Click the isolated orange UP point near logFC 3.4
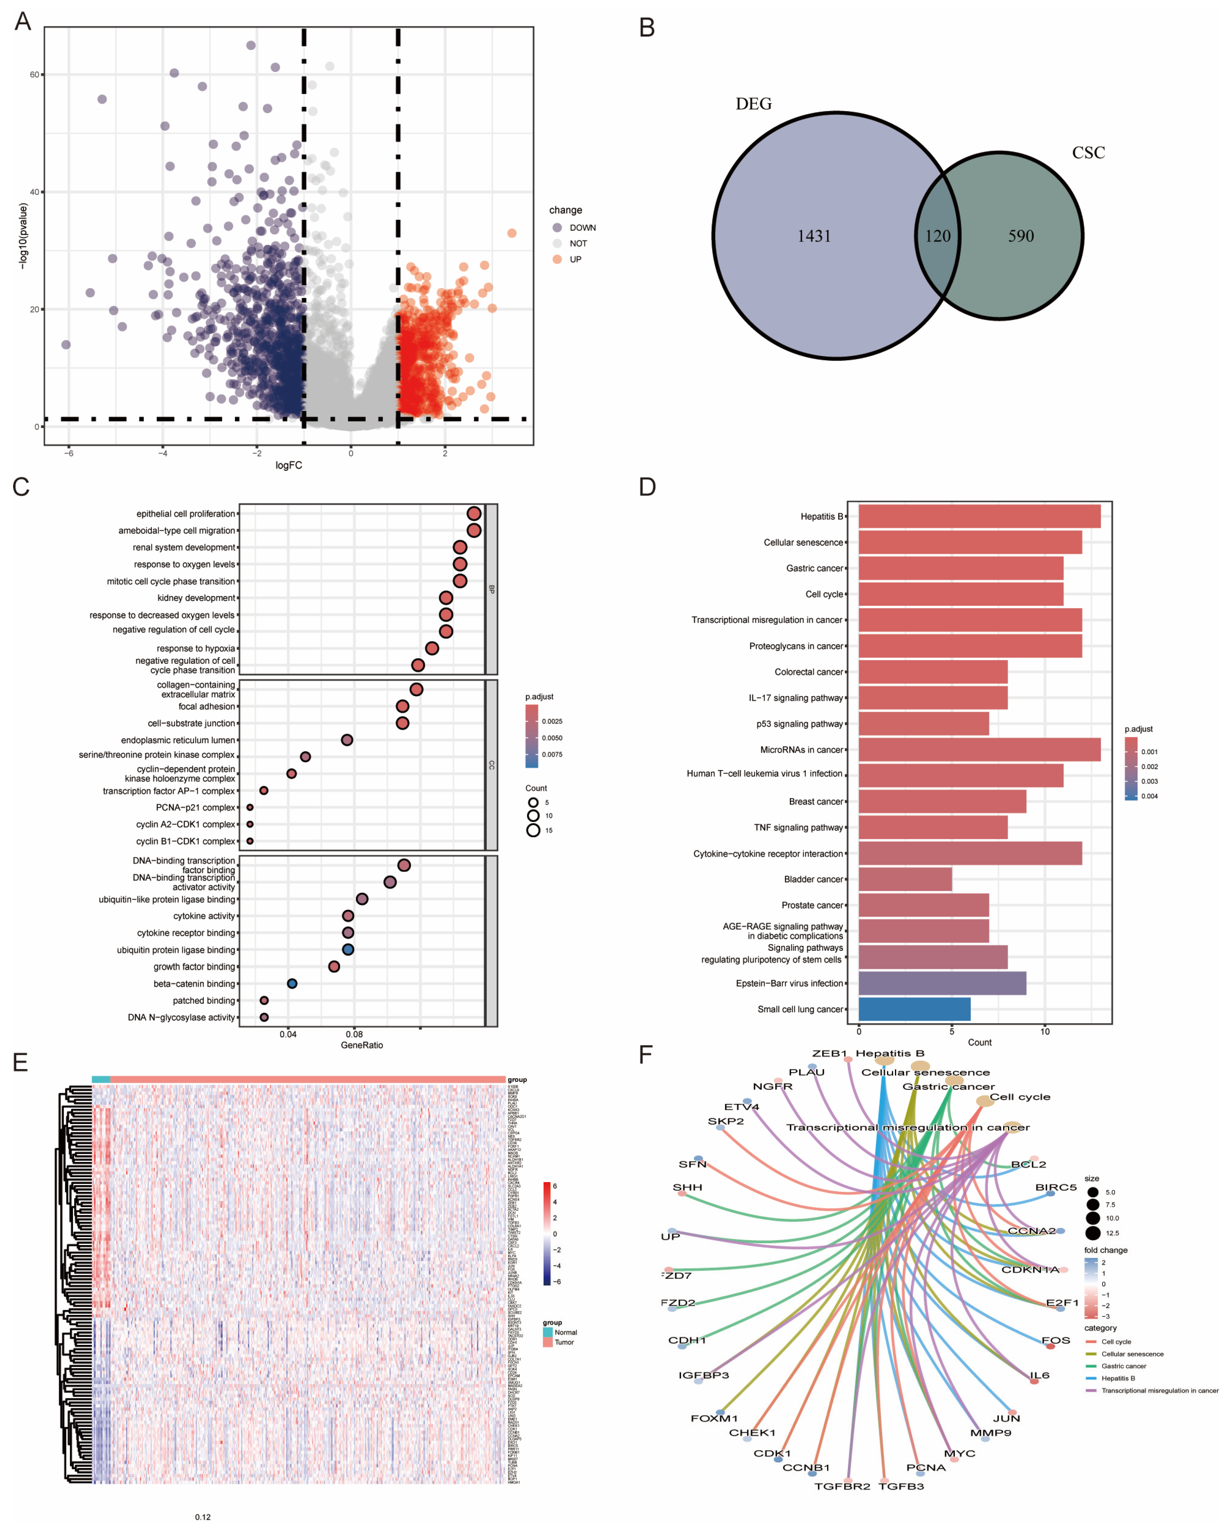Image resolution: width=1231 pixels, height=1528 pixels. tap(512, 233)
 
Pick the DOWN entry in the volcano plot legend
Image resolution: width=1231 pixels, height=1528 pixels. tap(582, 228)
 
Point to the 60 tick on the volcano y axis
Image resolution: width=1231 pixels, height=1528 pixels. tap(34, 75)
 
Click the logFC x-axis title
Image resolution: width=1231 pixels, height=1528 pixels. tap(289, 465)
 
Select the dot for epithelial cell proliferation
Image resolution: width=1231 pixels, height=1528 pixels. tap(474, 513)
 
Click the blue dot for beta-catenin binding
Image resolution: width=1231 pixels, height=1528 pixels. tap(292, 984)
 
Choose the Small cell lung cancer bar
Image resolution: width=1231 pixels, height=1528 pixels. tap(914, 1009)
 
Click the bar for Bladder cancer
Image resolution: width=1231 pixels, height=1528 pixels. tap(905, 879)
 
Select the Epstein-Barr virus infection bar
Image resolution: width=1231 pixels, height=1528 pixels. tap(942, 984)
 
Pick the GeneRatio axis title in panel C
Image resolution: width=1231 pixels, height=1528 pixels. tap(362, 1045)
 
